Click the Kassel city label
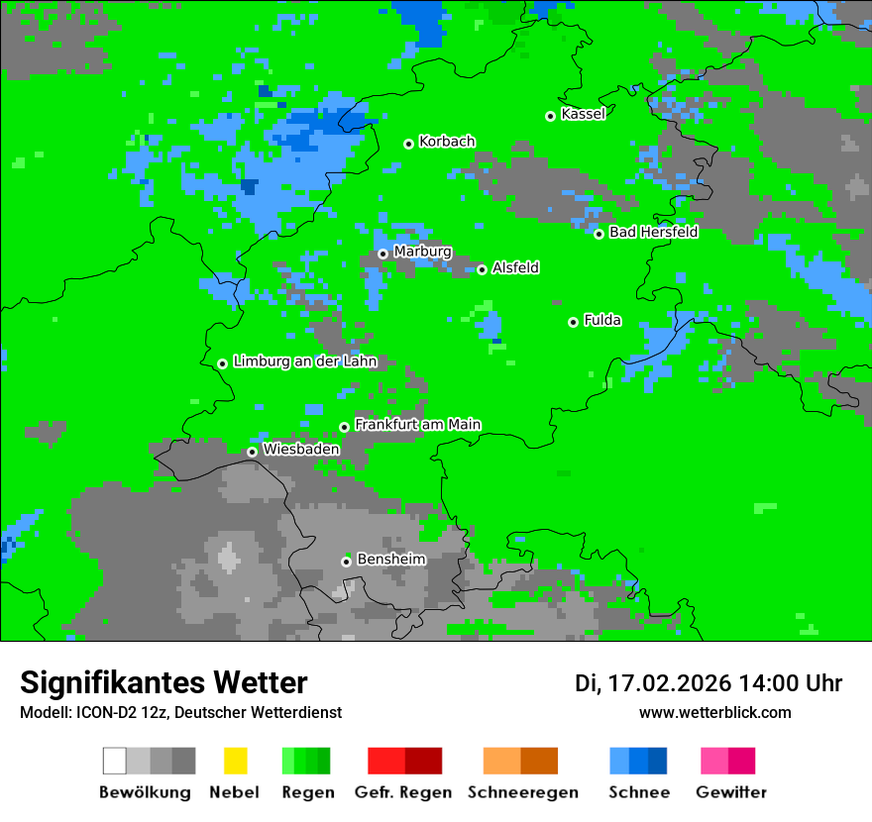click(x=583, y=114)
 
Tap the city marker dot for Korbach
click(x=408, y=144)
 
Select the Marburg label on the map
click(x=422, y=252)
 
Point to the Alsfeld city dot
click(x=482, y=269)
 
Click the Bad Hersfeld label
click(x=653, y=232)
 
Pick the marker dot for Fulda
click(x=573, y=322)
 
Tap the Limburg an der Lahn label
click(x=304, y=361)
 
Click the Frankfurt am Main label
click(x=417, y=424)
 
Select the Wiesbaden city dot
click(x=252, y=452)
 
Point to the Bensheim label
click(x=390, y=559)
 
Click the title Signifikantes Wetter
click(x=163, y=682)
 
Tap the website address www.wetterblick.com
click(x=714, y=712)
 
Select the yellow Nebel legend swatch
click(x=235, y=761)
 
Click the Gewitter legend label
click(x=730, y=792)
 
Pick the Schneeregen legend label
click(x=522, y=792)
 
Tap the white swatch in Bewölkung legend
click(x=115, y=761)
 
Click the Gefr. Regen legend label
click(x=402, y=792)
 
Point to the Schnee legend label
click(x=639, y=792)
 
